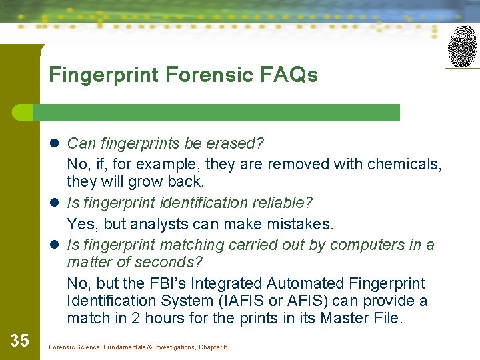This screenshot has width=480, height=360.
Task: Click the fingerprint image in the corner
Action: (462, 46)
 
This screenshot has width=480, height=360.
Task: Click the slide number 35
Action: (20, 341)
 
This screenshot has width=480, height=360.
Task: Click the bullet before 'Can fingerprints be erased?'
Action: (56, 143)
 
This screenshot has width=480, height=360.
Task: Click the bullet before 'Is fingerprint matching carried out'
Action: (56, 245)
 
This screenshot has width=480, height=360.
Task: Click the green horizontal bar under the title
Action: (220, 113)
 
